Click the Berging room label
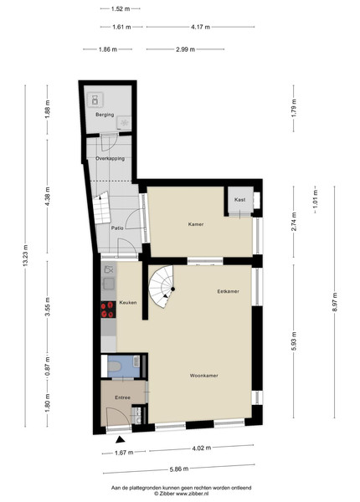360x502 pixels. click(105, 115)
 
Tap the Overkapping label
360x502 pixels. click(111, 158)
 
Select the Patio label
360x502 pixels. click(117, 228)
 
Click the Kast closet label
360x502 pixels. click(239, 199)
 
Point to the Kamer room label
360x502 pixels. click(196, 224)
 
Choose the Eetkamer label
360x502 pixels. click(228, 291)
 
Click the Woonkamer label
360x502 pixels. click(203, 376)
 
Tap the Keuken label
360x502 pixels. click(128, 303)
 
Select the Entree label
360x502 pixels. click(123, 397)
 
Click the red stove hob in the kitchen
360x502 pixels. click(108, 310)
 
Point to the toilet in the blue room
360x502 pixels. click(114, 366)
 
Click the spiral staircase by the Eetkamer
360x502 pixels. click(161, 286)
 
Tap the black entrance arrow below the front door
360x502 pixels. click(120, 439)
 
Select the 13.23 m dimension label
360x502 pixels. click(26, 255)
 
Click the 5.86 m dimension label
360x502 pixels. click(179, 469)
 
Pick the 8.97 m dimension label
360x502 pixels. click(335, 302)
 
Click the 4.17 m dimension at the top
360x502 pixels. click(200, 28)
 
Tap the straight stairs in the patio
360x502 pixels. click(102, 207)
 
